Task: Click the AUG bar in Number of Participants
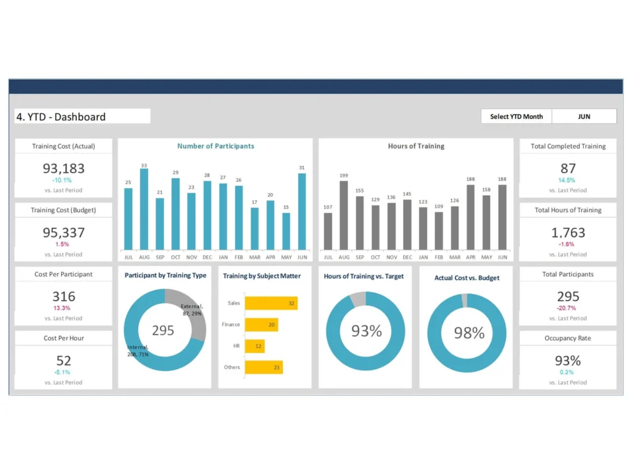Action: coord(144,209)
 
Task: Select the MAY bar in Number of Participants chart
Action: coord(286,231)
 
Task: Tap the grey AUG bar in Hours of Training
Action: coord(344,215)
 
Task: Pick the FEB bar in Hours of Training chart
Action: coord(439,230)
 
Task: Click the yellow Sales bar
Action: coord(271,303)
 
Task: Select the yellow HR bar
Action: coord(255,346)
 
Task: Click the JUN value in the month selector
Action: coord(584,116)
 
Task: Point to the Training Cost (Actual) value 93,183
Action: coord(64,168)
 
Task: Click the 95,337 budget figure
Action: coord(64,233)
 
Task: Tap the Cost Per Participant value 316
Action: coord(64,297)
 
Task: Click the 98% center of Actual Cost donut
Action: coord(468,333)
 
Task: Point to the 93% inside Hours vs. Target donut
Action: coord(367,331)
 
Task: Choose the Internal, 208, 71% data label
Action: coord(138,351)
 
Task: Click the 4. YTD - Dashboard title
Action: coord(60,117)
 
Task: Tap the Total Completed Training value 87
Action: coord(568,168)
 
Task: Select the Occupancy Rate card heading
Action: coord(568,338)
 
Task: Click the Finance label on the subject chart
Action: coord(231,325)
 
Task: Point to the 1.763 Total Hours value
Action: coord(568,233)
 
